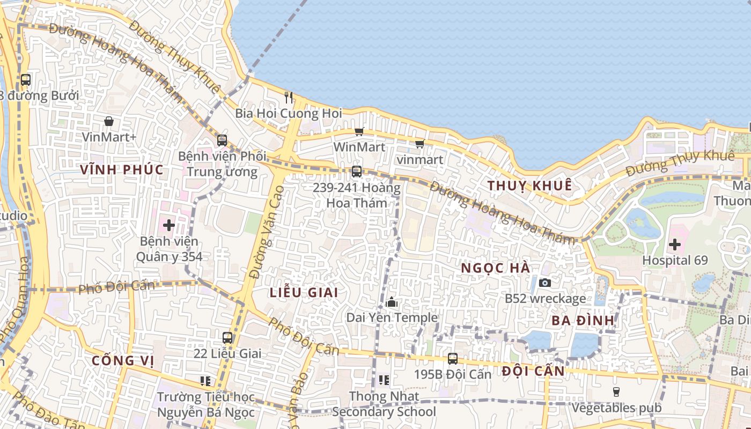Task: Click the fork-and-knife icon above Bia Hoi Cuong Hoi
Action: click(289, 97)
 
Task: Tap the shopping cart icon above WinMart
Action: click(359, 131)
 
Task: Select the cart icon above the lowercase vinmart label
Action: click(419, 144)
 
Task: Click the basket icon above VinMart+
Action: click(109, 121)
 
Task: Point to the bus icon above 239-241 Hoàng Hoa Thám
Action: click(356, 172)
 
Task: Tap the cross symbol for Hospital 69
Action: click(675, 245)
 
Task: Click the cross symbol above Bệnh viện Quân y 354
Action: click(169, 225)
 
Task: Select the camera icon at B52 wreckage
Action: click(545, 282)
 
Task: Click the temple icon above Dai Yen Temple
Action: click(392, 302)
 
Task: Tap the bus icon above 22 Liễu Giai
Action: click(227, 338)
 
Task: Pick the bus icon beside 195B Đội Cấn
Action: click(453, 359)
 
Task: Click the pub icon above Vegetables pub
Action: click(616, 392)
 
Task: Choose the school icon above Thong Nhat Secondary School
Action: click(384, 380)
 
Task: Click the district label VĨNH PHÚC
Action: click(122, 169)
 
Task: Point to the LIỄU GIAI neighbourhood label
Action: click(304, 292)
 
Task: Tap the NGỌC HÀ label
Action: click(496, 268)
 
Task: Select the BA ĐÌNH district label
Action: click(583, 321)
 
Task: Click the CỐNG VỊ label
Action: click(122, 360)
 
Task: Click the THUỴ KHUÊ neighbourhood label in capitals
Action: click(529, 186)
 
